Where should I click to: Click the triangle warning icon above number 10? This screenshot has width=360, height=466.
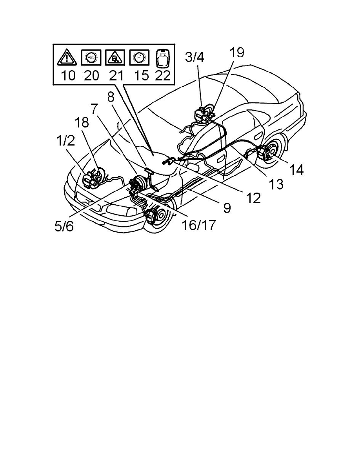coord(67,57)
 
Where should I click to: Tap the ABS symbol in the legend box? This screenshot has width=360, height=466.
coord(91,57)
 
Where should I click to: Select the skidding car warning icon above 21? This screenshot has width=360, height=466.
coord(115,57)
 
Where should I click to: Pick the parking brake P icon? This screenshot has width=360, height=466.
coord(139,57)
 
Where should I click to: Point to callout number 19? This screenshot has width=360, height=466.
coord(236,52)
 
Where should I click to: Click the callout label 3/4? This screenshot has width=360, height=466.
coord(194,57)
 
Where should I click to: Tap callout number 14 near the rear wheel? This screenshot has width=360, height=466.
coord(296,170)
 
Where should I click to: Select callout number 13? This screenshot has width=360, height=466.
coord(276,184)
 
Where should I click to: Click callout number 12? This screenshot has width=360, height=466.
coord(253,198)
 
